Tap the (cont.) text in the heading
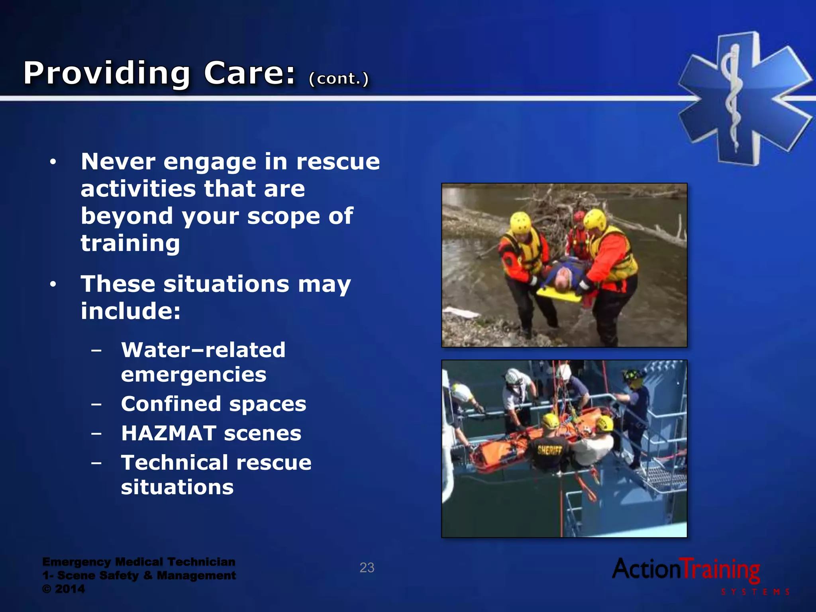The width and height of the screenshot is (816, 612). pyautogui.click(x=339, y=78)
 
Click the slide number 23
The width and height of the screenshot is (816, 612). pyautogui.click(x=367, y=567)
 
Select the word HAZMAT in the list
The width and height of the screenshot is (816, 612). pyautogui.click(x=169, y=433)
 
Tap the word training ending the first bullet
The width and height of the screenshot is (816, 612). pyautogui.click(x=130, y=243)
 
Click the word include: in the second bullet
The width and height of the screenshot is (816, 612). pyautogui.click(x=131, y=311)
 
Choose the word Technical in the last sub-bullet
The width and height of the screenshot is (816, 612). pyautogui.click(x=175, y=463)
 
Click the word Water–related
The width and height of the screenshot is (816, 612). pyautogui.click(x=203, y=350)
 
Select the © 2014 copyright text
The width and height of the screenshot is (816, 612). pyautogui.click(x=63, y=589)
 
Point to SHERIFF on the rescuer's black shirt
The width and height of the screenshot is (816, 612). pyautogui.click(x=550, y=450)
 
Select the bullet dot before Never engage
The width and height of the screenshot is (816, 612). pyautogui.click(x=53, y=163)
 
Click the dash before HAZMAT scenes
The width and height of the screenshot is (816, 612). pyautogui.click(x=96, y=433)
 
